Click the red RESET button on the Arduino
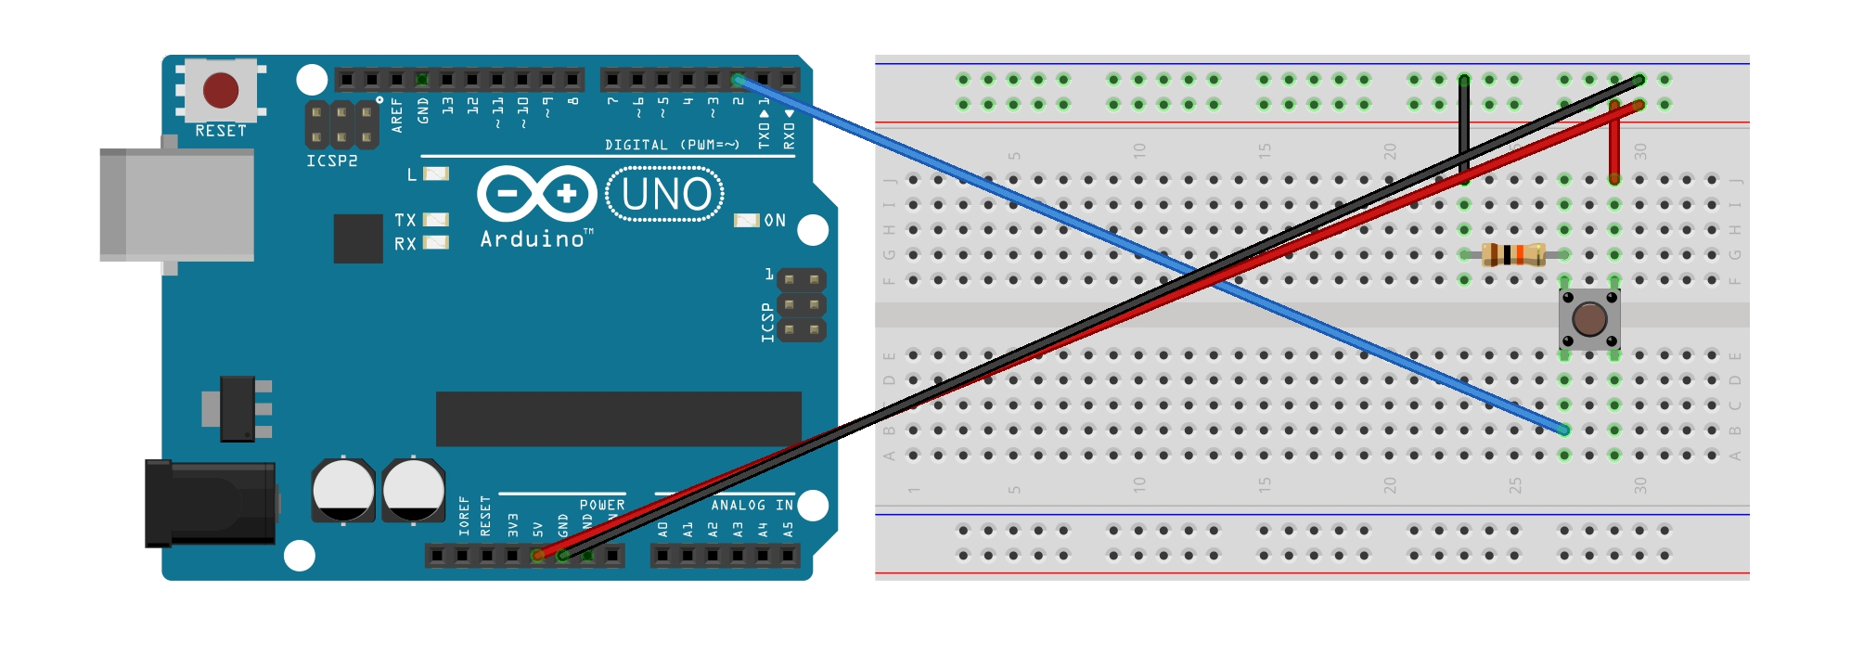[x=221, y=90]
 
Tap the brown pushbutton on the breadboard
[x=1589, y=319]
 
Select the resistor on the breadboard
[x=1513, y=254]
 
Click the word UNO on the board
[x=665, y=195]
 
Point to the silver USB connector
[x=176, y=204]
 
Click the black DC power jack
[x=210, y=503]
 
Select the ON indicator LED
[x=746, y=220]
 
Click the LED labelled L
[x=435, y=173]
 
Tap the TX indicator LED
[x=435, y=220]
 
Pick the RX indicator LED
[x=435, y=243]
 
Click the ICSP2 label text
[x=332, y=161]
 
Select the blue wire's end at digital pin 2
[x=738, y=80]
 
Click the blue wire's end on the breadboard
[x=1564, y=430]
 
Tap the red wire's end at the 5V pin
[x=538, y=555]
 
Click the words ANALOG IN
[x=752, y=505]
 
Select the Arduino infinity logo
[x=537, y=194]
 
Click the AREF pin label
[x=397, y=114]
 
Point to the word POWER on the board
[x=602, y=505]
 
